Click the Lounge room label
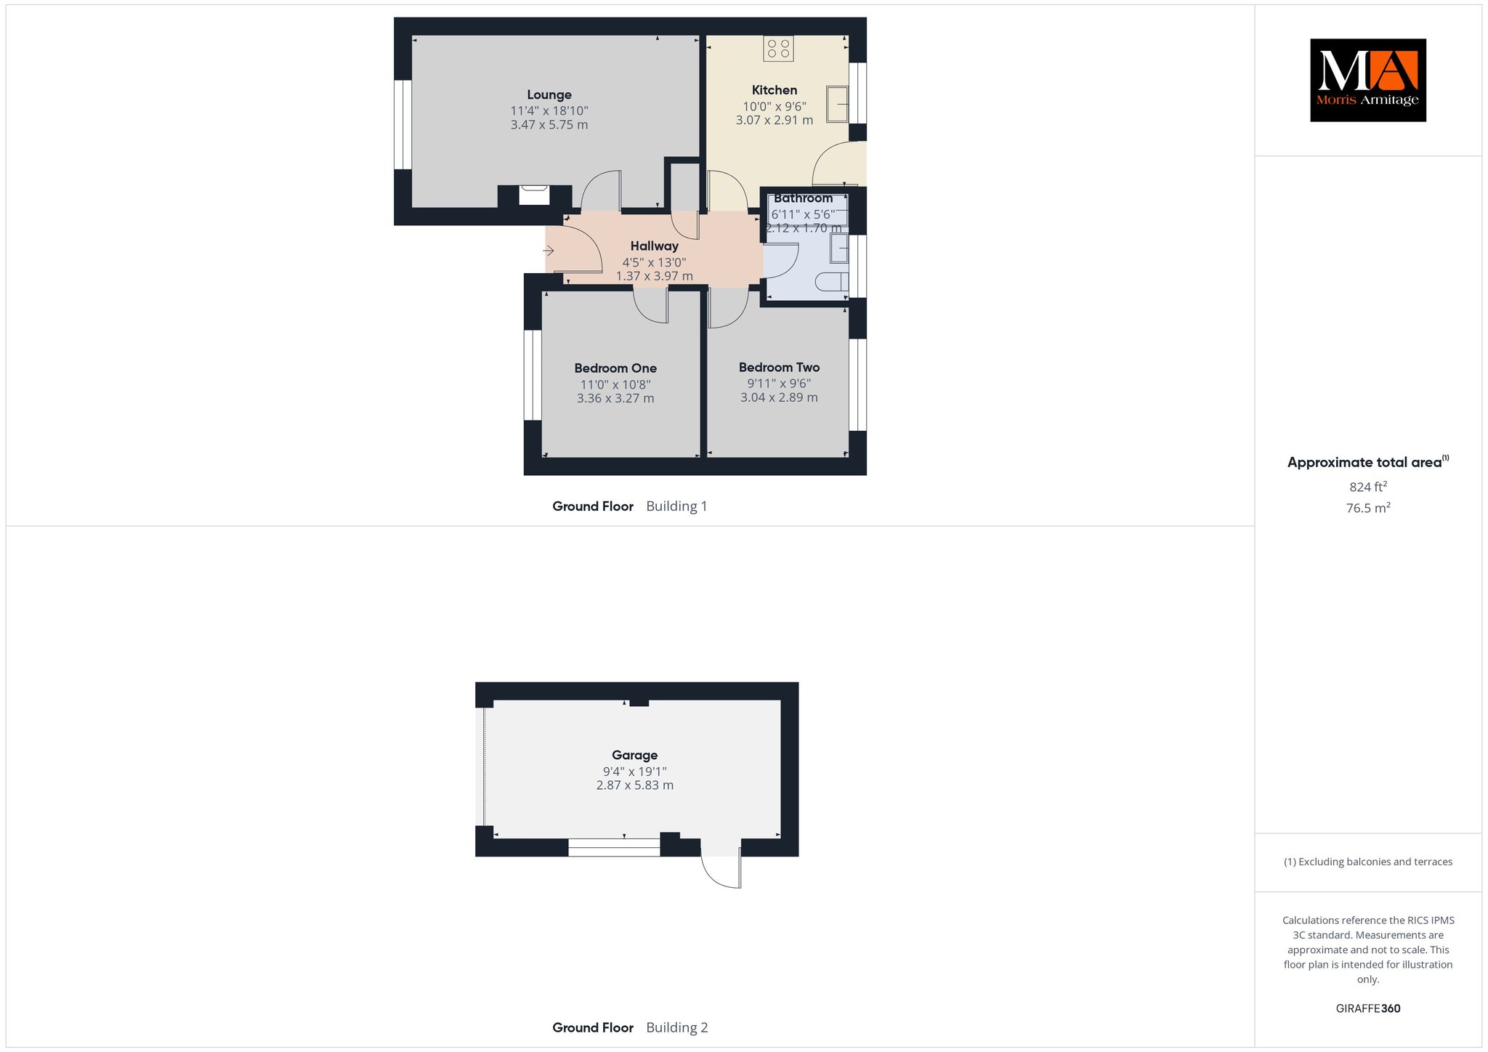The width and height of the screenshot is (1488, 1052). pyautogui.click(x=549, y=94)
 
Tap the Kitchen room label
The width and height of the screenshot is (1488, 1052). pyautogui.click(x=775, y=90)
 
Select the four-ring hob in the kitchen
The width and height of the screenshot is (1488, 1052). pyautogui.click(x=778, y=49)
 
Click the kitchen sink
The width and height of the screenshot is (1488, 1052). pyautogui.click(x=838, y=104)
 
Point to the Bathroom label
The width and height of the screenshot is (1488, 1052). pyautogui.click(x=803, y=198)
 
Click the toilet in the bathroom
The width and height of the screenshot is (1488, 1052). pyautogui.click(x=833, y=282)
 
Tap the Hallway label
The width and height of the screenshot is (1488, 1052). pyautogui.click(x=654, y=246)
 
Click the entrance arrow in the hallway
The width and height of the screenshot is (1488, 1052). pyautogui.click(x=549, y=251)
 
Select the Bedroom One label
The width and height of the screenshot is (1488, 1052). pyautogui.click(x=615, y=368)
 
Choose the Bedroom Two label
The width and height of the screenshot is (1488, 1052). pyautogui.click(x=779, y=368)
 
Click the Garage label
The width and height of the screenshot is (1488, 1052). pyautogui.click(x=634, y=756)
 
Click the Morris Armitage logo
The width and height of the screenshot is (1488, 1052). pyautogui.click(x=1368, y=80)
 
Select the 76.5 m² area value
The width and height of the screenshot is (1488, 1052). pyautogui.click(x=1368, y=508)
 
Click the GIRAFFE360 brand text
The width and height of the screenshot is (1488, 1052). pyautogui.click(x=1368, y=1008)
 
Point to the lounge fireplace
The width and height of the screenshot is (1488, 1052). pyautogui.click(x=535, y=195)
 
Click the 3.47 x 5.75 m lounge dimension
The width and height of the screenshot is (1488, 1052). pyautogui.click(x=549, y=125)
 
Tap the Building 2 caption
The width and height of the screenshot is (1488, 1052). pyautogui.click(x=676, y=1027)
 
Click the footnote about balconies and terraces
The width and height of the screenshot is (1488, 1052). pyautogui.click(x=1368, y=862)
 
